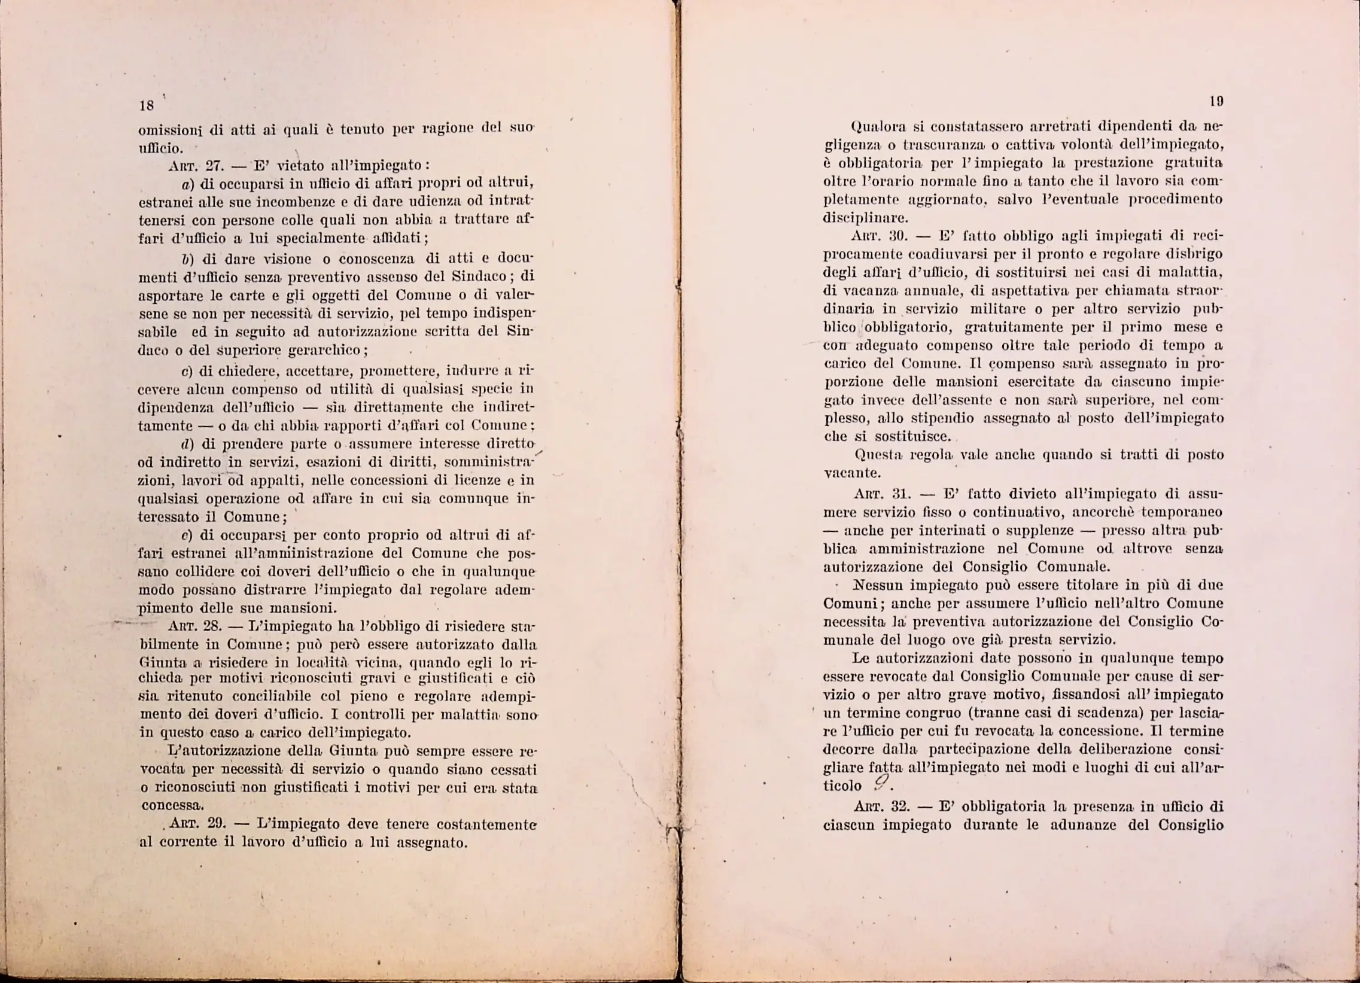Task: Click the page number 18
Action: pyautogui.click(x=147, y=106)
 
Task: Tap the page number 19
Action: pyautogui.click(x=1216, y=101)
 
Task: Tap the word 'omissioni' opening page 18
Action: pyautogui.click(x=163, y=130)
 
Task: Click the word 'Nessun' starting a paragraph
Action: pyautogui.click(x=877, y=585)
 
